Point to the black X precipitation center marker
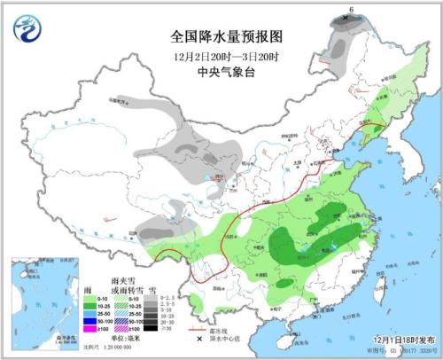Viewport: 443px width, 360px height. pos(345,18)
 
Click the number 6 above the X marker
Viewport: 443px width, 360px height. pos(352,9)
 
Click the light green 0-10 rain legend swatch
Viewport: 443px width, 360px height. pos(93,298)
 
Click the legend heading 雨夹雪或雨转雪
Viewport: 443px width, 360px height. pos(123,285)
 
